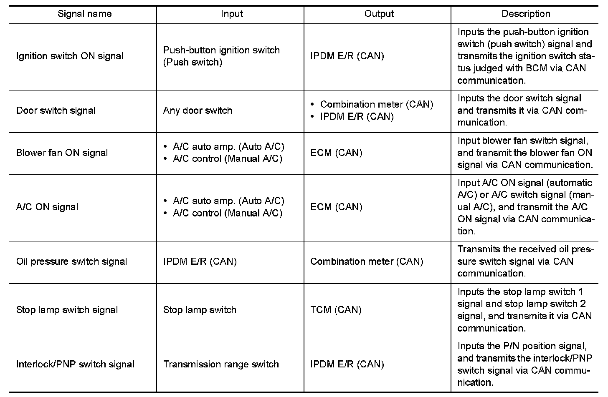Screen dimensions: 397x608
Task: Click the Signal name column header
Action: pyautogui.click(x=84, y=14)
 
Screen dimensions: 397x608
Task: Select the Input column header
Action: pyautogui.click(x=232, y=14)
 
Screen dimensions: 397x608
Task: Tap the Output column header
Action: pyautogui.click(x=379, y=14)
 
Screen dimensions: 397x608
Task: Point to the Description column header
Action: pyautogui.click(x=526, y=14)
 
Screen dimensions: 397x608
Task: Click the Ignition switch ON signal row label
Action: pyautogui.click(x=69, y=56)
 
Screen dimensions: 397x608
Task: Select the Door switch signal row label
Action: pyautogui.click(x=56, y=111)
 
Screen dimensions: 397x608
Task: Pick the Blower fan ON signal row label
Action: pyautogui.click(x=62, y=153)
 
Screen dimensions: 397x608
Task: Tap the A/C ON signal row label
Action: pyautogui.click(x=47, y=207)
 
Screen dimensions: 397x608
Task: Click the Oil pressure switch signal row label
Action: pyautogui.click(x=71, y=261)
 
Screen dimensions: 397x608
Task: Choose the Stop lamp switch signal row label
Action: pyautogui.click(x=67, y=310)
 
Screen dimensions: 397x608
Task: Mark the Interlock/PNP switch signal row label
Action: pyautogui.click(x=75, y=364)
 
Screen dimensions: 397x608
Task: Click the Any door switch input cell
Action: pyautogui.click(x=197, y=111)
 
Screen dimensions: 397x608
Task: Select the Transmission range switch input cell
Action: pyautogui.click(x=221, y=364)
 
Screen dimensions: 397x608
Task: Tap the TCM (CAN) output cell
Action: pyautogui.click(x=336, y=310)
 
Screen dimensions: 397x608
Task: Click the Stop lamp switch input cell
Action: pyautogui.click(x=200, y=310)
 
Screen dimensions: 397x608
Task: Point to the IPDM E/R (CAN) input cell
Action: pyautogui.click(x=200, y=261)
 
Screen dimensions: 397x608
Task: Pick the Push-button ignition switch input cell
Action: pyautogui.click(x=221, y=56)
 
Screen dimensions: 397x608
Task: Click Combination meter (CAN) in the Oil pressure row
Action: pyautogui.click(x=367, y=261)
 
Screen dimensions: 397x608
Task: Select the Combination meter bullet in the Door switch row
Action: pyautogui.click(x=376, y=104)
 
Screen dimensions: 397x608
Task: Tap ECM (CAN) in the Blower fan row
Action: pyautogui.click(x=336, y=153)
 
